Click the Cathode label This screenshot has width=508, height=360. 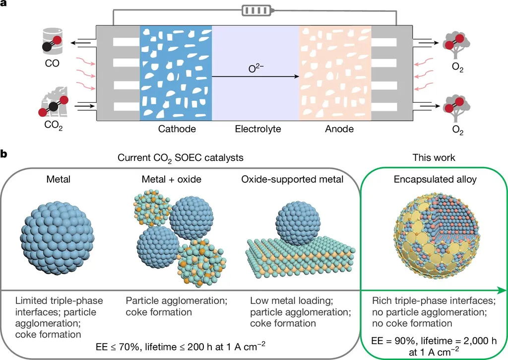pos(177,129)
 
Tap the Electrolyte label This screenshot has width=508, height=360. pos(258,129)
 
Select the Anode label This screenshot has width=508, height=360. pos(339,129)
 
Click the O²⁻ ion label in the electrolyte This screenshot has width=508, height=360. pos(256,69)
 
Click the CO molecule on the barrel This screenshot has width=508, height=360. pos(52,44)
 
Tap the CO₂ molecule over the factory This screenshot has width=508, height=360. pos(54,106)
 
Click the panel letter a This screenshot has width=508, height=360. pos(3,4)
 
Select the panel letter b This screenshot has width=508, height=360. pos(4,153)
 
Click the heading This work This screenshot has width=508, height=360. pos(434,157)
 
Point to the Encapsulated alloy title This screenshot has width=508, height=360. pos(435,179)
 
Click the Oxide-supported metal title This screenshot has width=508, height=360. pos(292,179)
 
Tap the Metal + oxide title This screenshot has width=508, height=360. pos(171,179)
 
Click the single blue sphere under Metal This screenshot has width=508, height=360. pos(58,239)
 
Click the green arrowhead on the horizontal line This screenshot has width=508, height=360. pos(502,290)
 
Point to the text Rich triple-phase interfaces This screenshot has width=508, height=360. pos(434,300)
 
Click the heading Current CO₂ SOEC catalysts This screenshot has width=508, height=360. pos(181,158)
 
